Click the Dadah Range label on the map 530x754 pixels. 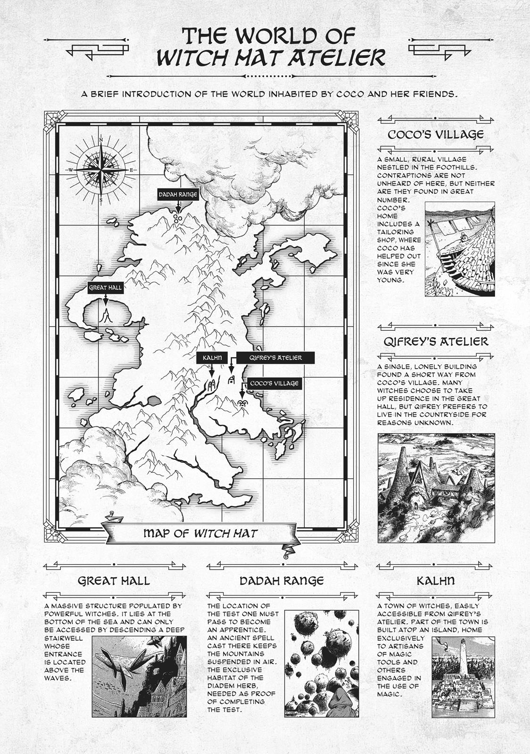point(178,194)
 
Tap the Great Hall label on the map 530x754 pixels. point(105,287)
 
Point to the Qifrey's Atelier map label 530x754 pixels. point(276,358)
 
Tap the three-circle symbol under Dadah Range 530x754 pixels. point(178,218)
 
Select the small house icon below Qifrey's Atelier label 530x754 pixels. point(232,380)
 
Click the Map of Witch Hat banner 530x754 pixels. point(200,533)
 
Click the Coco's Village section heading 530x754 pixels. point(435,134)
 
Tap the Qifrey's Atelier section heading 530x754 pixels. point(436,341)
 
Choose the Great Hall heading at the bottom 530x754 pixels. point(114,580)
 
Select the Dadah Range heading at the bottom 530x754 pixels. point(282,580)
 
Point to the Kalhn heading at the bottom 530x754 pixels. point(436,580)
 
